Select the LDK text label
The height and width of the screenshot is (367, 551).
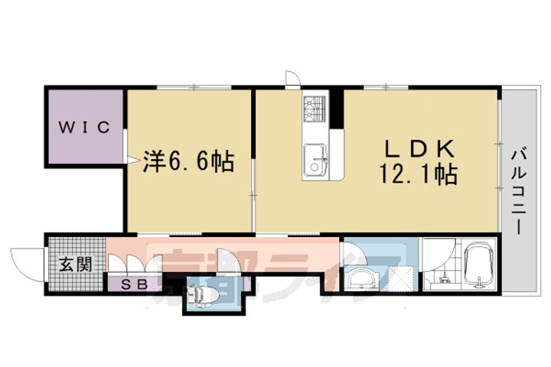click(x=418, y=148)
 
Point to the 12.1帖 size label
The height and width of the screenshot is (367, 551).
click(x=417, y=176)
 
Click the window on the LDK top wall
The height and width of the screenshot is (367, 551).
click(x=375, y=89)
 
